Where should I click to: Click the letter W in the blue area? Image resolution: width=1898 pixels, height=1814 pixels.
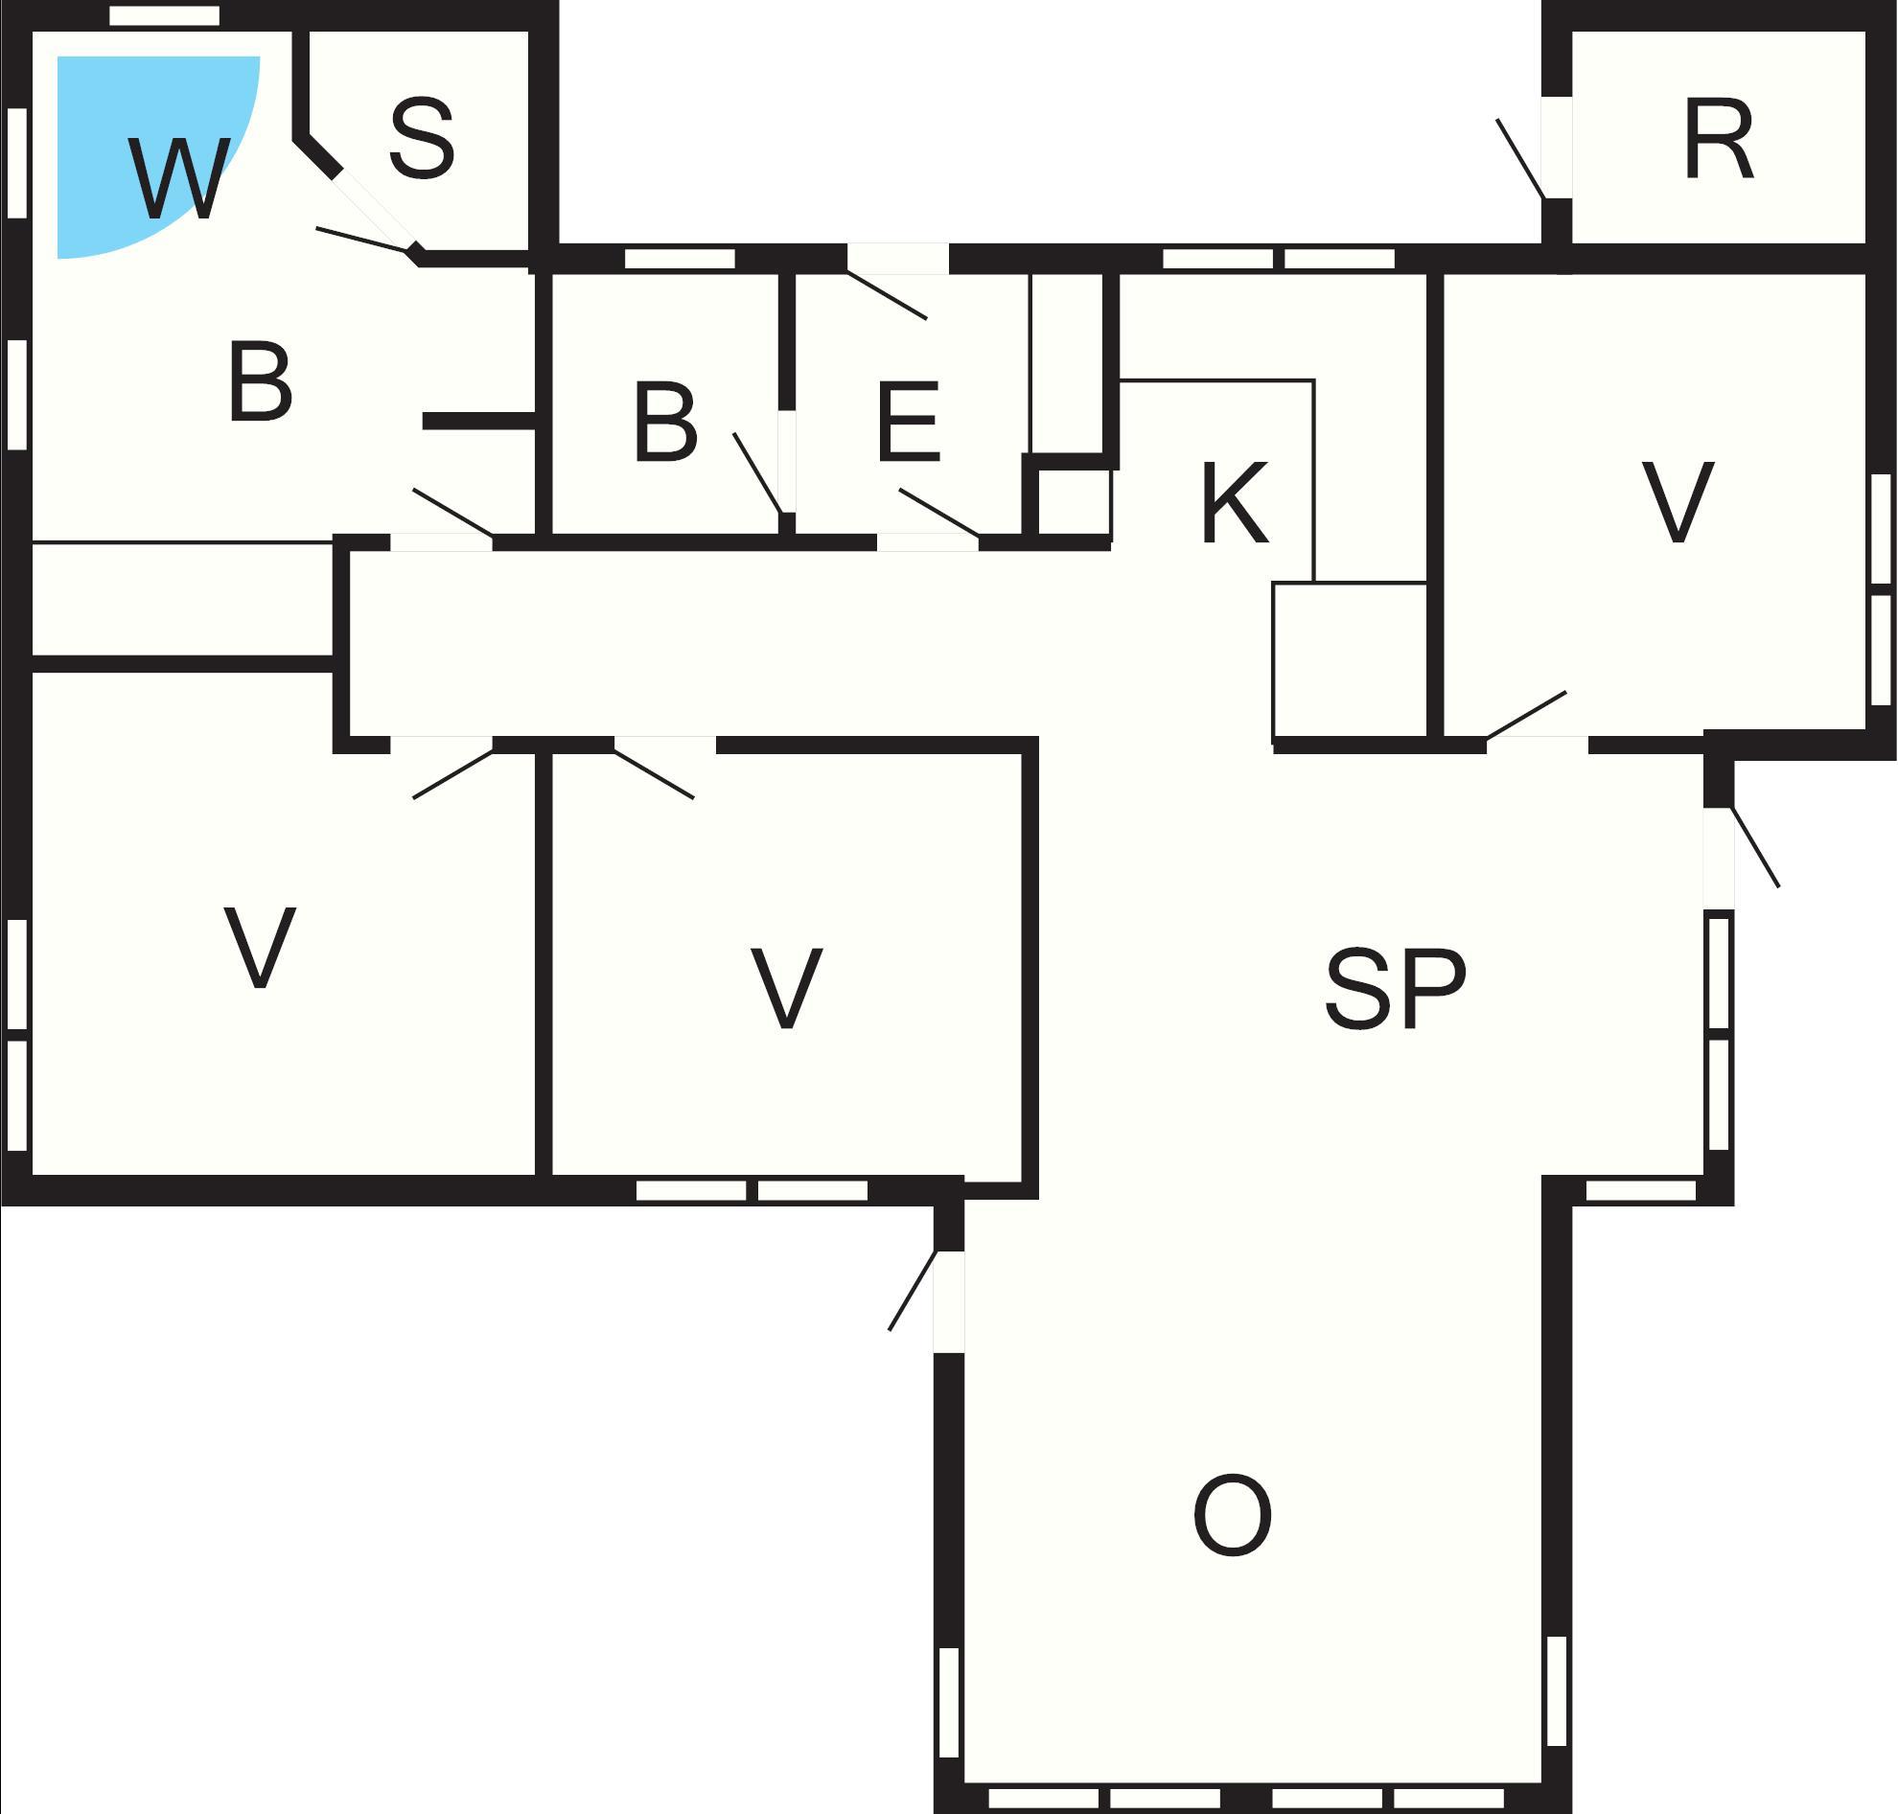(179, 179)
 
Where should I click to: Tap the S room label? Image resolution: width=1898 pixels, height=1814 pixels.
(422, 139)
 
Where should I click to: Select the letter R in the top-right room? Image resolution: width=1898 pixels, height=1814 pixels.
(1718, 139)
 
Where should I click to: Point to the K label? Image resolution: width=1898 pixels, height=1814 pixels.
(1235, 502)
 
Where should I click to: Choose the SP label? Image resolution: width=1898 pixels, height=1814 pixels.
(1395, 987)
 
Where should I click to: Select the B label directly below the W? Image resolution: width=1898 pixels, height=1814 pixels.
(260, 381)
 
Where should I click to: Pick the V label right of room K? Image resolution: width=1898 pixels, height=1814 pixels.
(1678, 502)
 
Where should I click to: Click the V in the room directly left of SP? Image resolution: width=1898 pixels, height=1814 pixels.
(786, 987)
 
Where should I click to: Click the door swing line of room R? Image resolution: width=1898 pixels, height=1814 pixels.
(1520, 159)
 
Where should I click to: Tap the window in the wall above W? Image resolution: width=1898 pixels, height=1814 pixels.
(165, 15)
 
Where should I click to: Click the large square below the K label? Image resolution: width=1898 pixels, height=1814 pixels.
(1351, 662)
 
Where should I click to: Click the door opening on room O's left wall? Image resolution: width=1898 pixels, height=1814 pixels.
(949, 1301)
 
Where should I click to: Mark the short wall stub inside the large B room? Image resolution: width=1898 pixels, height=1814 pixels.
(480, 421)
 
